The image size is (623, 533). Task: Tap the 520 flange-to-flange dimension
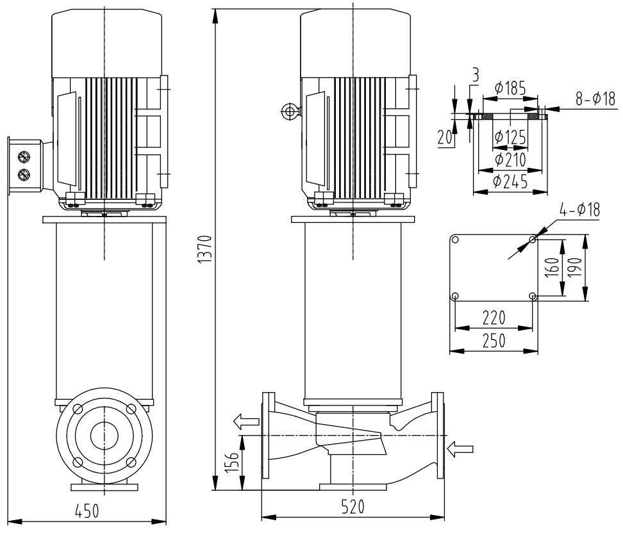[x=352, y=506]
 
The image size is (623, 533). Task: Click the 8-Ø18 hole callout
[x=595, y=98]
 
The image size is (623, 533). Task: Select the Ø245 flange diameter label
[x=510, y=182]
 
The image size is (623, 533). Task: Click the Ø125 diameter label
[x=510, y=136]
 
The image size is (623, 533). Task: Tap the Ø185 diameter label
[x=510, y=89]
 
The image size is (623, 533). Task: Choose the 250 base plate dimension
[x=493, y=340]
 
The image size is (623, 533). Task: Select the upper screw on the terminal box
[x=24, y=157]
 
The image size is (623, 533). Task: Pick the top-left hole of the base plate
[x=455, y=240]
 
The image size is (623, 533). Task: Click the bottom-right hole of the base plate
[x=533, y=296]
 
